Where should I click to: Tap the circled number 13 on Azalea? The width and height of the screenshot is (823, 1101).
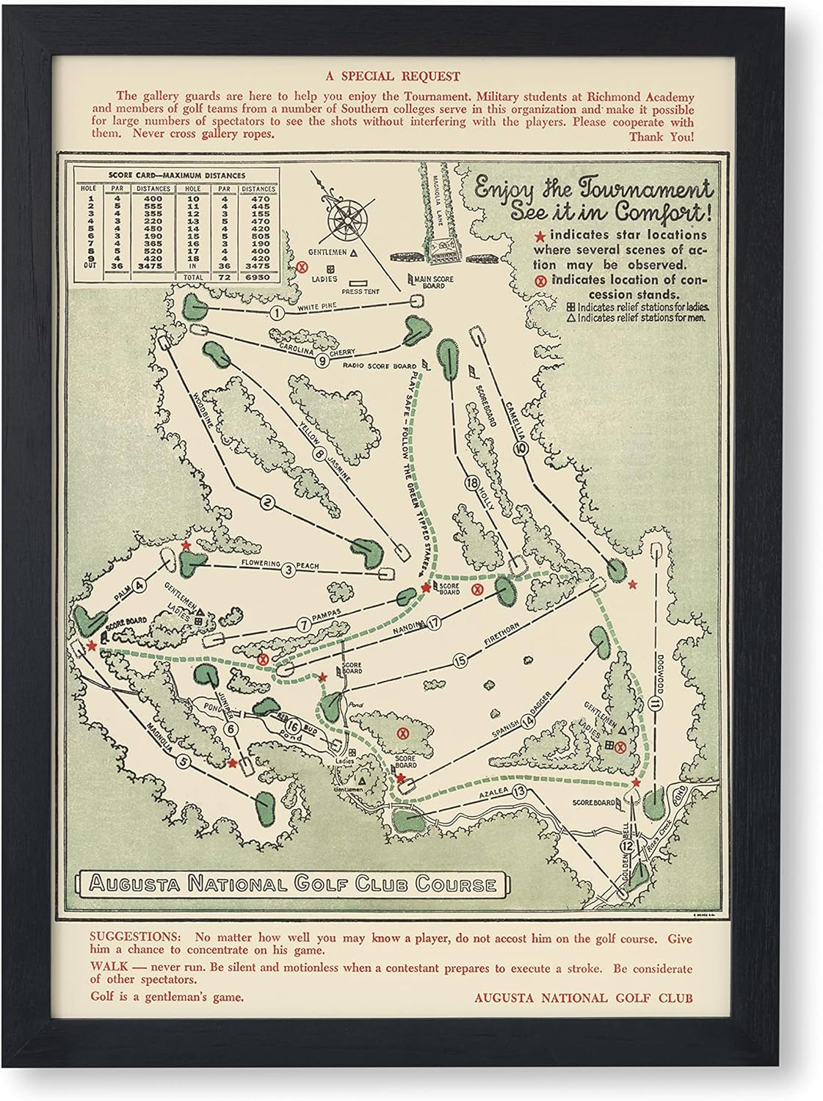click(x=520, y=791)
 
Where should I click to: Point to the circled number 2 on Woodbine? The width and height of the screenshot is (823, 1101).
click(x=267, y=503)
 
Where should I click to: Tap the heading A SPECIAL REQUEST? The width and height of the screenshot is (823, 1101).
click(x=411, y=76)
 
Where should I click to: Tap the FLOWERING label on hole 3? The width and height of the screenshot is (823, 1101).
click(x=250, y=564)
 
